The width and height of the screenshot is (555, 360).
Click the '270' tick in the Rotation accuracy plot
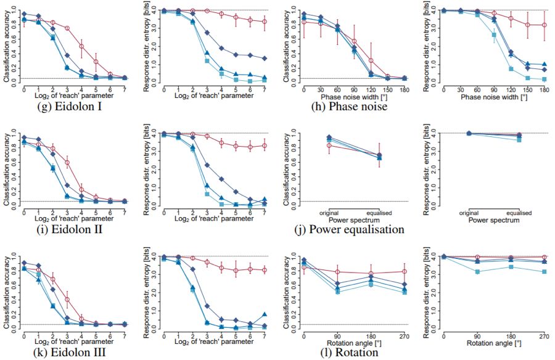pos(404,336)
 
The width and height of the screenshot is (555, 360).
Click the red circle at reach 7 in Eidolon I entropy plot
pos(265,22)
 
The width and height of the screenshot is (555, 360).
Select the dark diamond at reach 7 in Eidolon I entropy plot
pos(265,59)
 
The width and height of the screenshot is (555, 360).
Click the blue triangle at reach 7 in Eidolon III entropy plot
pos(265,314)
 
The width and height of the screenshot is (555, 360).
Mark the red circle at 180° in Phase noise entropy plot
pos(544,25)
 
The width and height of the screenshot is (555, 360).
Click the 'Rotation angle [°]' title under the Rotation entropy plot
pos(494,343)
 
